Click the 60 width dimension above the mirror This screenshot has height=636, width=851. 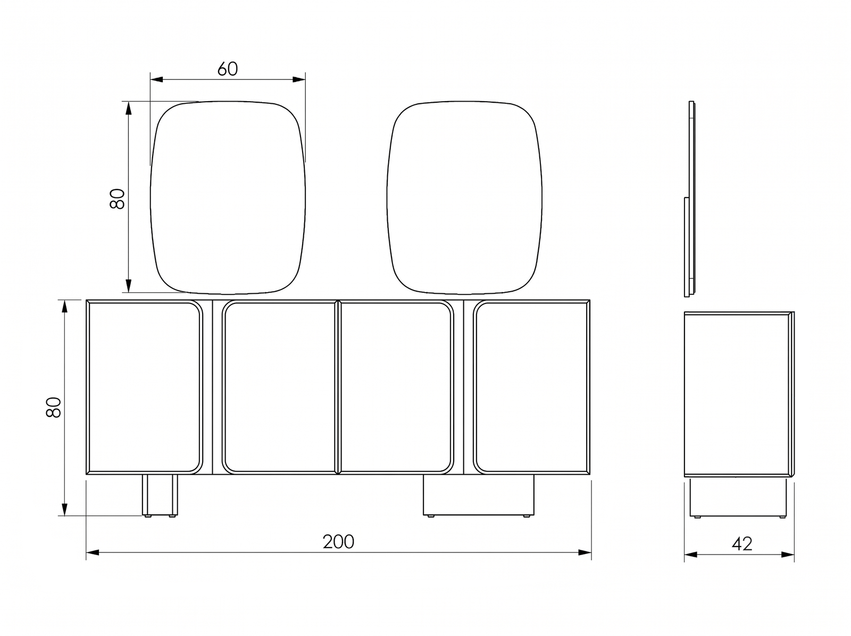228,69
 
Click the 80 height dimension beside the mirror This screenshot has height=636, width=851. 117,199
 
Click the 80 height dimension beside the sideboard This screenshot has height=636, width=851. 54,407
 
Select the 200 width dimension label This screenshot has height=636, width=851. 338,542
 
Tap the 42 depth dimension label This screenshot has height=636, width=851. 742,544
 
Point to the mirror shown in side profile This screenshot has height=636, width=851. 690,199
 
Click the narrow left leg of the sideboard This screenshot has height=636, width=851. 160,495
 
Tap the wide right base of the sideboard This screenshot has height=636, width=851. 478,495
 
